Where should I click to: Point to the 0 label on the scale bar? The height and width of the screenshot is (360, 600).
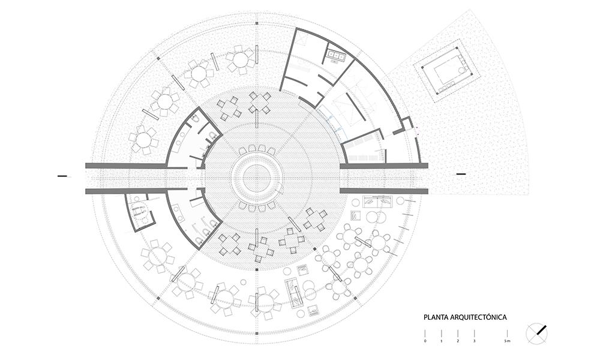coord(425,341)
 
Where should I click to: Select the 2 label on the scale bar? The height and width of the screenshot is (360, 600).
coord(458,341)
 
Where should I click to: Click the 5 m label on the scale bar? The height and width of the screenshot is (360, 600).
coord(507,341)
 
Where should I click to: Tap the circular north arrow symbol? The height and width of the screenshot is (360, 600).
coord(536,334)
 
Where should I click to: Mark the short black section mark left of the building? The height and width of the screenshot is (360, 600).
coord(62,176)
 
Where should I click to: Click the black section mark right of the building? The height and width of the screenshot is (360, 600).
coord(461,174)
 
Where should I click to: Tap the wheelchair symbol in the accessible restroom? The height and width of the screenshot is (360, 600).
coord(139,211)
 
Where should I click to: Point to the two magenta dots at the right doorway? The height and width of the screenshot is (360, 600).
coord(418,131)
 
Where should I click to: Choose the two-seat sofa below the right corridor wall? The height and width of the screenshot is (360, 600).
coord(378,202)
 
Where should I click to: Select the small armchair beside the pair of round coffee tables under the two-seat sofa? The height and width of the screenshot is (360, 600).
coord(357,216)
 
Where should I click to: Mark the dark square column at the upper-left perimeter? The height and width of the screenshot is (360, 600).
coord(158,59)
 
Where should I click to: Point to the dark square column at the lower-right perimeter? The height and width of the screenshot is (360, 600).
coord(355,298)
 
